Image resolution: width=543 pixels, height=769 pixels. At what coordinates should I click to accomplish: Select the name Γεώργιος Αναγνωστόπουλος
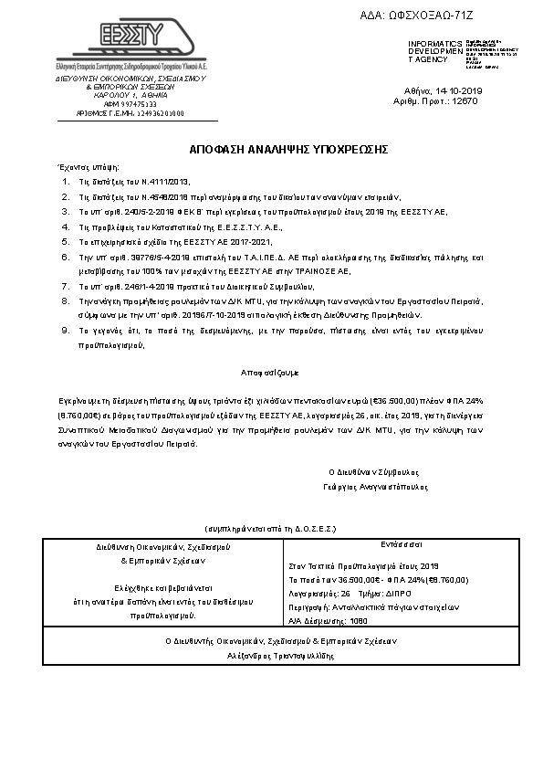(372, 486)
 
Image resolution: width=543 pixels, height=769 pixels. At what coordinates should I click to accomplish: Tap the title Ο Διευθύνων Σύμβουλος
(372, 472)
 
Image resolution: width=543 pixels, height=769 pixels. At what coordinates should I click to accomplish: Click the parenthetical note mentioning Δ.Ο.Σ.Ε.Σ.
(272, 529)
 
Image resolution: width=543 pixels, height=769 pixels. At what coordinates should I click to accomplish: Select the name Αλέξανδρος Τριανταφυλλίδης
(271, 655)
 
